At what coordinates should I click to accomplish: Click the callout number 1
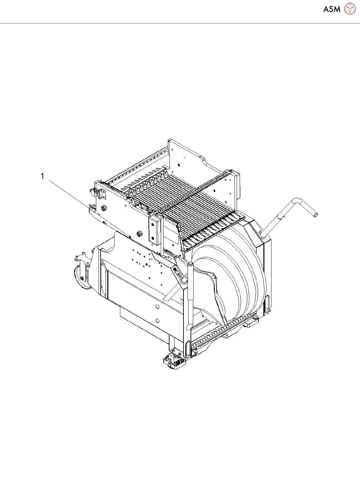[x=43, y=176]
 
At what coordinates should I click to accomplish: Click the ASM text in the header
[x=332, y=9]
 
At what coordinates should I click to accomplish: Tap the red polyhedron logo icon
[x=350, y=9]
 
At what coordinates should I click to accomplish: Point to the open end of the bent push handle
[x=316, y=215]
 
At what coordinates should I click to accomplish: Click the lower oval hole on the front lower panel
[x=157, y=320]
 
